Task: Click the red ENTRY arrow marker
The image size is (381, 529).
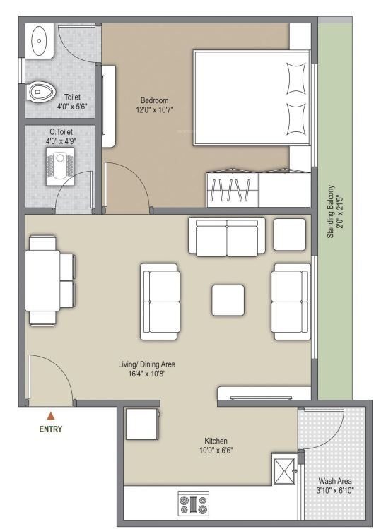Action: (51, 415)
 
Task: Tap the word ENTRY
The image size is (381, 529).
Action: (51, 429)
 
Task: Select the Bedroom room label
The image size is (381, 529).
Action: (154, 100)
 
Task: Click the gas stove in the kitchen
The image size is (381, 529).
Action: (194, 504)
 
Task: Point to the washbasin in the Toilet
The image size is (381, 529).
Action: (40, 41)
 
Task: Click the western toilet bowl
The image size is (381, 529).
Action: (41, 91)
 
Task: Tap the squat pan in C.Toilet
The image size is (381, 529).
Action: (60, 166)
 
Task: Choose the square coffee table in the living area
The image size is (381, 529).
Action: (228, 300)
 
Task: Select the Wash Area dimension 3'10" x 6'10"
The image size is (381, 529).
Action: (335, 490)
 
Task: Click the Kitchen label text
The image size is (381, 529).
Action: (216, 441)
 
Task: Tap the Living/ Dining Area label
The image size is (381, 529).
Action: (146, 364)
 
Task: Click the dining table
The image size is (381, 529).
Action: (42, 280)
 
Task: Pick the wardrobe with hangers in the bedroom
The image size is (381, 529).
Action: (233, 189)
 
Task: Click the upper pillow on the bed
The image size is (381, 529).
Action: (296, 78)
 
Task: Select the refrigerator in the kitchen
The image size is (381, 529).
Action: (142, 424)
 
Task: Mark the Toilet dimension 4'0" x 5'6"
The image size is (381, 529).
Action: (72, 107)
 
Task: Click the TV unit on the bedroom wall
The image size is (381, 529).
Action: (109, 106)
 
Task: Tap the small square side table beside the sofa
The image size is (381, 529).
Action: (290, 234)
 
